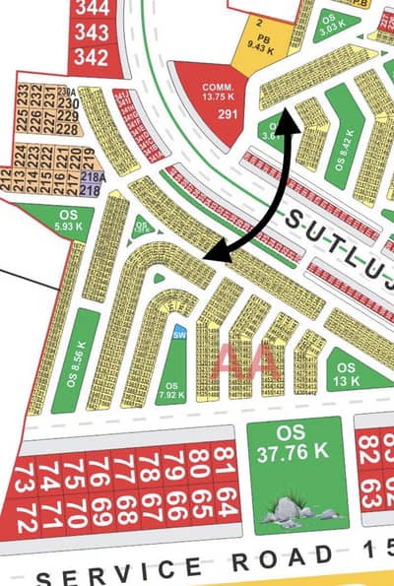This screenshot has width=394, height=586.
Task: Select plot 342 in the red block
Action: pos(91,56)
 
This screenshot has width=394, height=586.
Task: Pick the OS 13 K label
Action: pos(346,375)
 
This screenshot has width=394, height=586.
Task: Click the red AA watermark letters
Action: pos(249,362)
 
